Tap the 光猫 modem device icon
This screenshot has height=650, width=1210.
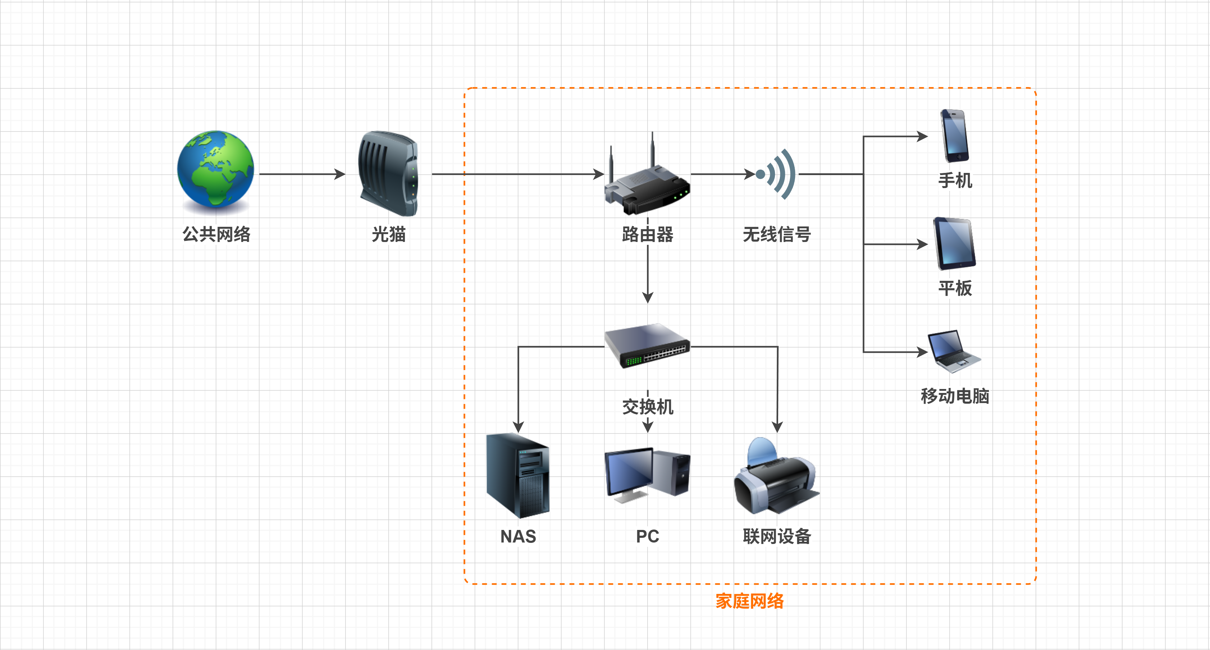388,174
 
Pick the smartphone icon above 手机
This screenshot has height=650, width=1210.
954,136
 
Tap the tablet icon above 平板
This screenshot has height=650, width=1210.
954,243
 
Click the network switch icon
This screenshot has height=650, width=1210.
647,346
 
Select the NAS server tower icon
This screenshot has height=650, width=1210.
518,475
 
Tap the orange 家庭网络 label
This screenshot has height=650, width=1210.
750,601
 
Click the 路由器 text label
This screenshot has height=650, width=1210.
647,234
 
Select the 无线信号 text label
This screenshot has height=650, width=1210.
777,234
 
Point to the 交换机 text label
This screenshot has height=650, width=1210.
647,407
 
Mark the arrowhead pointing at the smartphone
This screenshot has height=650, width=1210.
923,137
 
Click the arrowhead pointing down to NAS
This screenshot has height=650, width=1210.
518,427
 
